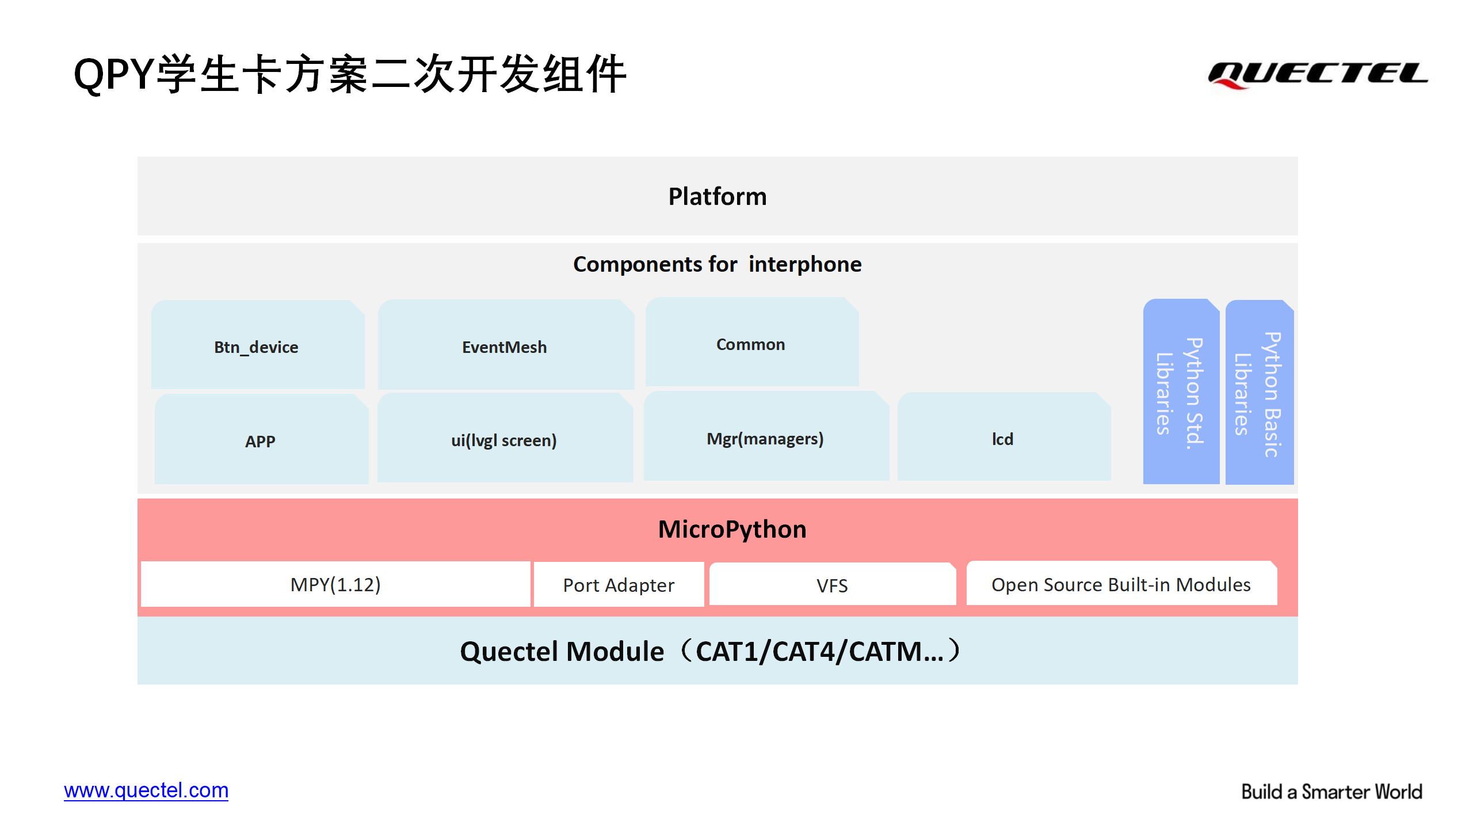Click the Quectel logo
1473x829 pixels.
[1318, 75]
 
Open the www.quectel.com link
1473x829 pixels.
[146, 790]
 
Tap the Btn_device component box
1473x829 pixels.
[258, 344]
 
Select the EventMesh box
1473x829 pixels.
[506, 344]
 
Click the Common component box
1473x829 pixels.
[752, 342]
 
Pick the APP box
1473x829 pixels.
[262, 439]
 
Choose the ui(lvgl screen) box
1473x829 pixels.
[505, 438]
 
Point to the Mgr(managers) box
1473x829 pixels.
[766, 436]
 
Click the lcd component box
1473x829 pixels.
[1004, 436]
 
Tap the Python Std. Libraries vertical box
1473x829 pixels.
[1181, 391]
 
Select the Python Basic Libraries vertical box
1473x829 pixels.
[1260, 392]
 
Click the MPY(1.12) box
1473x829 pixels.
[335, 584]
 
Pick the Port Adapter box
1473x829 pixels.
[619, 584]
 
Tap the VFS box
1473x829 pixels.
[833, 584]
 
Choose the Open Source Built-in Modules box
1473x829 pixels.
[1122, 583]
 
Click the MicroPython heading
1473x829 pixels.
[732, 530]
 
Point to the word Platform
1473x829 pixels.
[718, 197]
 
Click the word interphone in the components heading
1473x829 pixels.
[806, 264]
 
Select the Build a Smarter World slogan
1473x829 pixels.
[1332, 792]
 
